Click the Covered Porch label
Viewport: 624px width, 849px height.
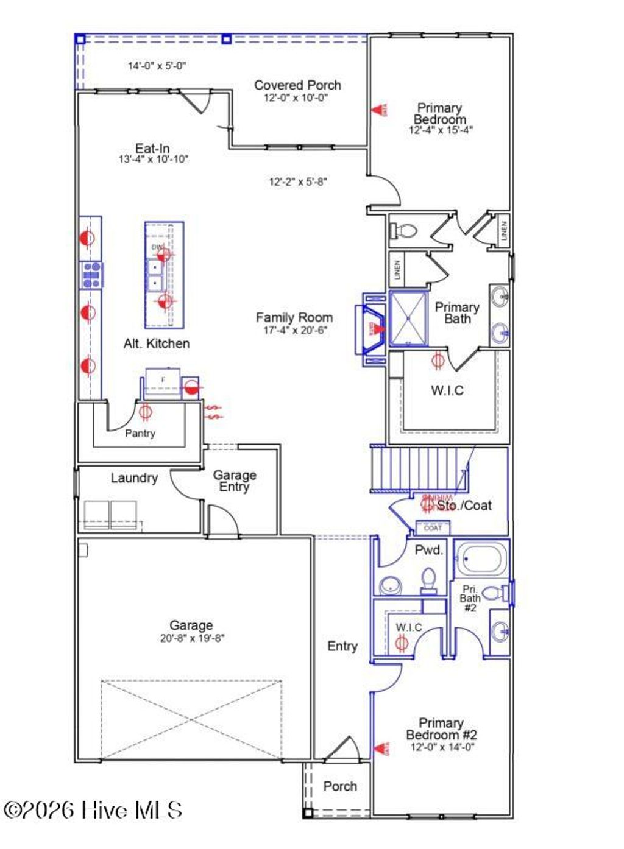297,85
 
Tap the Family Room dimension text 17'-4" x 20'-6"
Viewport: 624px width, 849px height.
295,330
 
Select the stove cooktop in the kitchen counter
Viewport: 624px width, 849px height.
91,275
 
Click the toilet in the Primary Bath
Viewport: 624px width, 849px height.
404,231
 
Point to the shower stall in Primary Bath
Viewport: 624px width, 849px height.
408,319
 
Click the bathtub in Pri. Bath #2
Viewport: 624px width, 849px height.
480,558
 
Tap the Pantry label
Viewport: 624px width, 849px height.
140,433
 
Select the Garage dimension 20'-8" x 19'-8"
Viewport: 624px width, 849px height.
191,638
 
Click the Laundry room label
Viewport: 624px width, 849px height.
134,478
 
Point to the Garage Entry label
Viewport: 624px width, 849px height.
235,481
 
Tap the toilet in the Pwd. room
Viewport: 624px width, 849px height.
429,580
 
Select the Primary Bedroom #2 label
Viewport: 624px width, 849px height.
441,728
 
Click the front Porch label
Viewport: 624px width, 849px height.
340,786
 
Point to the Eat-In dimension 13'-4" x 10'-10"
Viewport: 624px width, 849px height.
153,160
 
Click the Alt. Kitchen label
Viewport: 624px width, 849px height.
157,343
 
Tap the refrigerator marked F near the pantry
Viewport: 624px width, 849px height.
163,381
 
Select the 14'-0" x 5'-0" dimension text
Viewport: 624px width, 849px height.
157,66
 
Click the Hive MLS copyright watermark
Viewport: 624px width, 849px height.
93,810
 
